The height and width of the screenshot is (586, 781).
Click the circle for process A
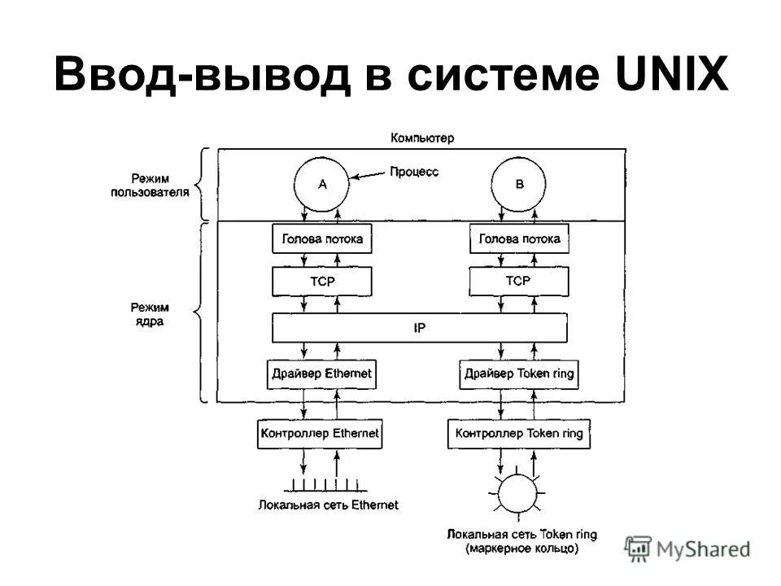(x=322, y=184)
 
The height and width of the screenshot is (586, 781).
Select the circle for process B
(x=519, y=184)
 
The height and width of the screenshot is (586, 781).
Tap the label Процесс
(x=414, y=173)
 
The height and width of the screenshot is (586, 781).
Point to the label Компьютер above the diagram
(x=421, y=138)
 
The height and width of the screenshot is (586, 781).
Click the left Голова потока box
(x=322, y=239)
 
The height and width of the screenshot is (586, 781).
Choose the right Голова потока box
(x=519, y=239)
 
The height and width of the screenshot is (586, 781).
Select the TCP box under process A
(x=322, y=282)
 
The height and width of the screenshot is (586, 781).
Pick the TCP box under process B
(x=519, y=282)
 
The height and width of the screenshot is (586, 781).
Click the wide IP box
(x=420, y=329)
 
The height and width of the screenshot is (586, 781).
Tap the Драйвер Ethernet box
(x=322, y=374)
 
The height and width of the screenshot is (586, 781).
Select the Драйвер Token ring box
(x=519, y=374)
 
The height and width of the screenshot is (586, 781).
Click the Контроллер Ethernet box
(x=320, y=433)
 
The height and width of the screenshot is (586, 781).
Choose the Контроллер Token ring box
(x=519, y=433)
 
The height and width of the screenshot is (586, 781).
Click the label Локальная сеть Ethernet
(x=328, y=505)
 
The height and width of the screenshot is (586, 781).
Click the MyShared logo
(x=687, y=549)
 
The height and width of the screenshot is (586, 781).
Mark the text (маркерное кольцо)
(x=521, y=549)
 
